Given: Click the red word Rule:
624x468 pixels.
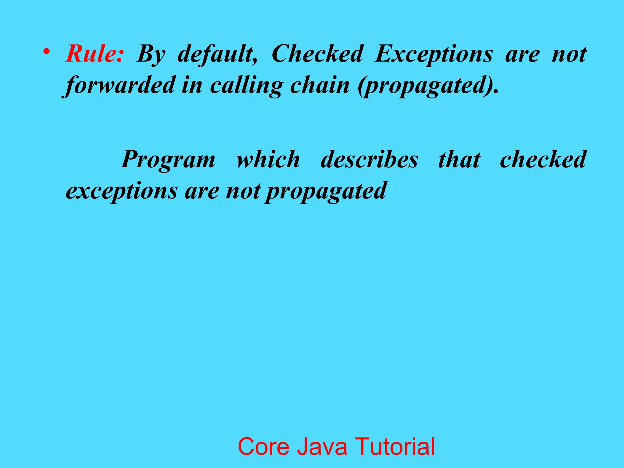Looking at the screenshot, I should coord(94,54).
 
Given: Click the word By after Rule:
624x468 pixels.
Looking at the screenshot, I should coord(151,54).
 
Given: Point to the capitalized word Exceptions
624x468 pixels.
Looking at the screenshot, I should coord(433,54).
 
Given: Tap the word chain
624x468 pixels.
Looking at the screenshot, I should coord(320,85).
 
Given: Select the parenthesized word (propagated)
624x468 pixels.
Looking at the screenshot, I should coord(428,85).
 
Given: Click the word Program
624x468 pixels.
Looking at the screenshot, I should coord(168,159).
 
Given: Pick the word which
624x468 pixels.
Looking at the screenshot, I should coord(268,159).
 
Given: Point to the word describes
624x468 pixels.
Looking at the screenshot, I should coord(369,159).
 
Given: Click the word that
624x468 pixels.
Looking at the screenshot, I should coord(459,159).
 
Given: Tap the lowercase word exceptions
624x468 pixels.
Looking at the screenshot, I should coord(122,191).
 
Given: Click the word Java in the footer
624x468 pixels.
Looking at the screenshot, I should coord(322,446).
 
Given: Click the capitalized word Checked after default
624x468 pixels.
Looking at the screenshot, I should coord(317,54).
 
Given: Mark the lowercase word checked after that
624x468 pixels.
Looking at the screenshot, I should coord(543,159).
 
